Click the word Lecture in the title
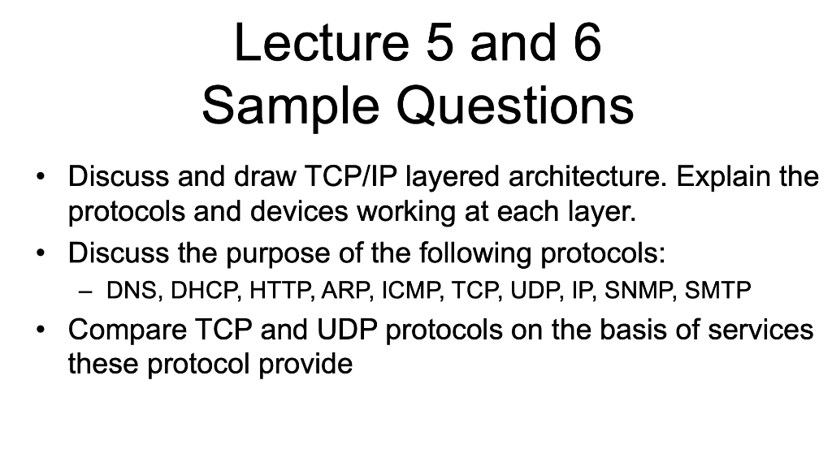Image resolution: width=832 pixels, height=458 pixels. coord(321,42)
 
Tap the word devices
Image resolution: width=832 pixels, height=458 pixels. coord(299,211)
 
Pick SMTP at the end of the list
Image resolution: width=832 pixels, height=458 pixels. coord(718,290)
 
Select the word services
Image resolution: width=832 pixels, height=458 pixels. coord(760,329)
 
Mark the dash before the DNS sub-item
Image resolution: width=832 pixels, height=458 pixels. coord(84,291)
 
